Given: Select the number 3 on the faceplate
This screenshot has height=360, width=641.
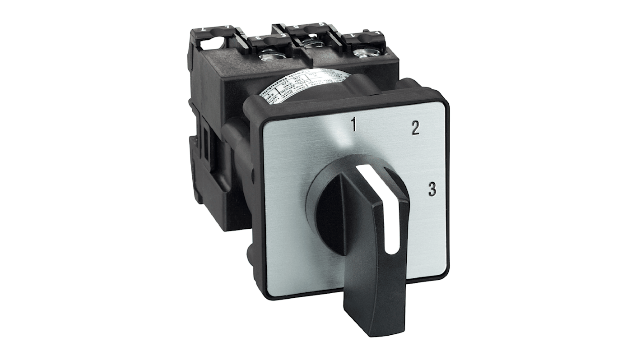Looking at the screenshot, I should [432, 190].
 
